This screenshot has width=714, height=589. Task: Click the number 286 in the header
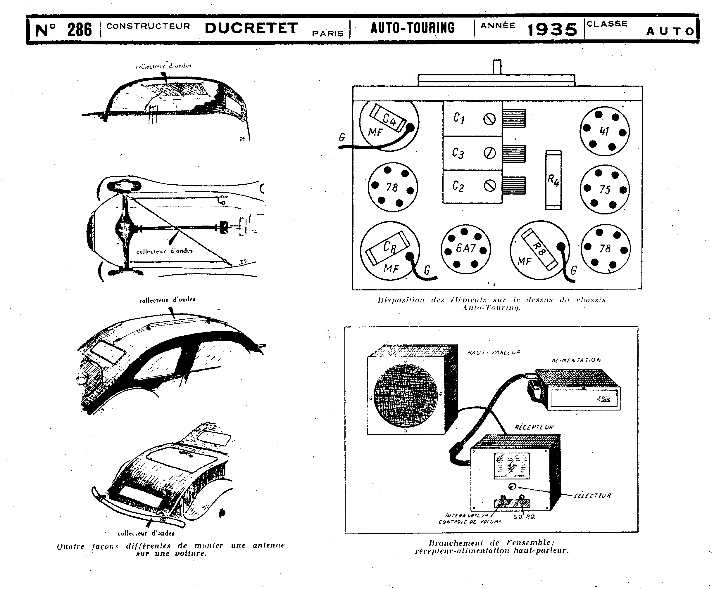[80, 30]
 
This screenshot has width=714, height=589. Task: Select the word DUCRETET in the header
[251, 28]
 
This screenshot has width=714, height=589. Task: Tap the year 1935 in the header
[552, 30]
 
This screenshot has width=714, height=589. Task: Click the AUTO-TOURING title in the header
[413, 28]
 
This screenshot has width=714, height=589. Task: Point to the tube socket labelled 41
[604, 131]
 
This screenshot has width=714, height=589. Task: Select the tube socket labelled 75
[604, 189]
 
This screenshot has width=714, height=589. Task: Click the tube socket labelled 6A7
[466, 249]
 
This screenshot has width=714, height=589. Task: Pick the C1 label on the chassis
[459, 118]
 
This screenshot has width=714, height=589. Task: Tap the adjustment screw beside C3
[489, 153]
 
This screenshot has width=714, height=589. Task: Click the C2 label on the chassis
[458, 186]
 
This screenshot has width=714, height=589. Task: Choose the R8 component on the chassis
[539, 250]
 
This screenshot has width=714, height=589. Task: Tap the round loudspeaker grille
[405, 395]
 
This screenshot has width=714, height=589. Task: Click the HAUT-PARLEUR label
[494, 353]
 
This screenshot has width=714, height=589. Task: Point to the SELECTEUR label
[592, 496]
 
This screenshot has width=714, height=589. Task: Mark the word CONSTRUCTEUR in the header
[148, 27]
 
